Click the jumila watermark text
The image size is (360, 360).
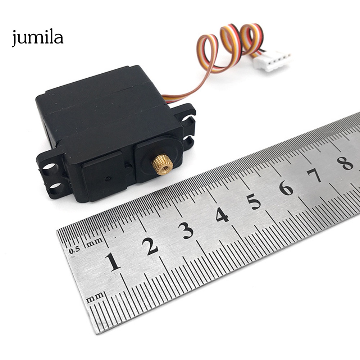pos(37,37)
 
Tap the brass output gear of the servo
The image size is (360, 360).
pos(162,164)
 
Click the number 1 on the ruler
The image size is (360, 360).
pos(113,262)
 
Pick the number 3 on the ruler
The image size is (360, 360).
pos(186,231)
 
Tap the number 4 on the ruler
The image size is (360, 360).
pos(222,214)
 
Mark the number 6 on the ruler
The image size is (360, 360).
pos(286,188)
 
